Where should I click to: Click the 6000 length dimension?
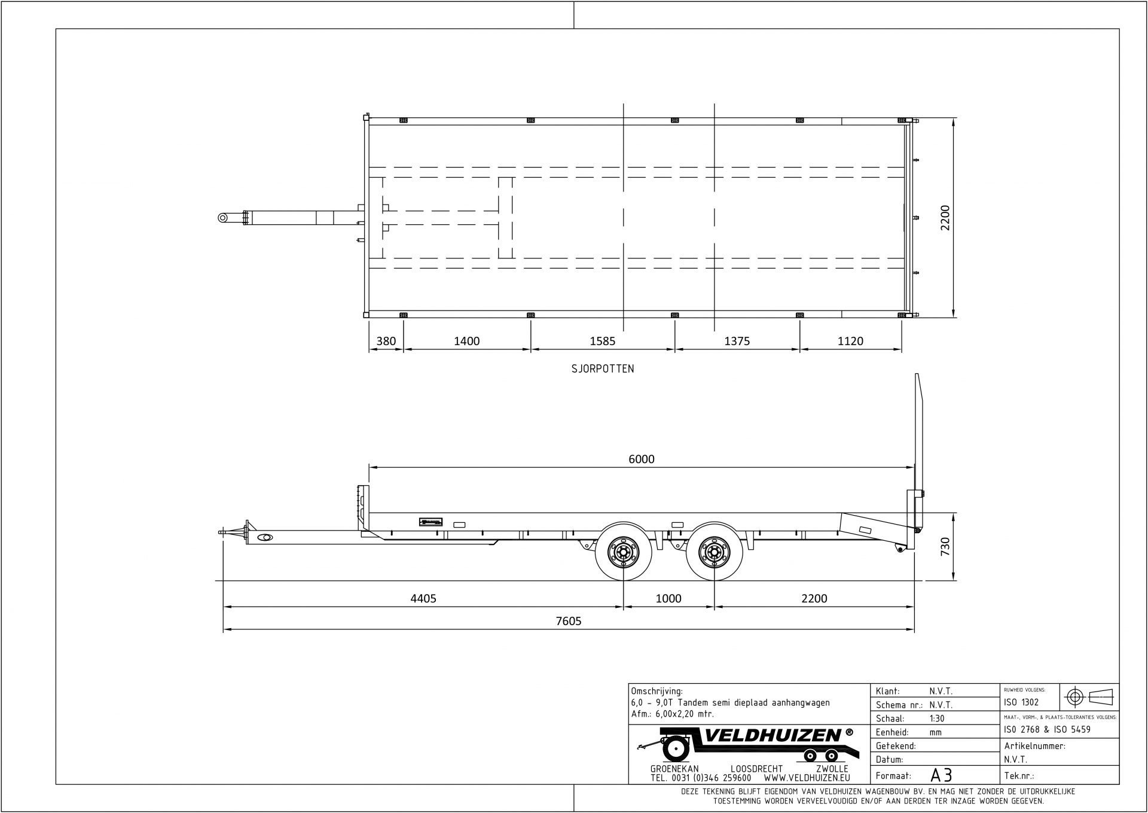click(641, 459)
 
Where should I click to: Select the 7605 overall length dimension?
click(568, 620)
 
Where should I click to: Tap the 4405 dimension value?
click(423, 598)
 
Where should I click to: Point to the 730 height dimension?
click(945, 546)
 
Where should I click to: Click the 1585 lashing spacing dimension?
click(602, 341)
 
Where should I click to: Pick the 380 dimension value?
click(386, 341)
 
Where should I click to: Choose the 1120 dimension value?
click(850, 341)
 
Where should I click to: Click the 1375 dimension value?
click(737, 341)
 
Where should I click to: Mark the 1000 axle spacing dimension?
click(668, 598)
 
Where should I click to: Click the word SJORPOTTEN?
click(602, 369)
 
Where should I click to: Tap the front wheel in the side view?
click(624, 552)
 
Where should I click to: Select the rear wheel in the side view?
click(714, 552)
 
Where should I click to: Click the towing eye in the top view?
click(224, 217)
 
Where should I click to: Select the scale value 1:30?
click(938, 718)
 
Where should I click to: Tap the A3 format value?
click(941, 775)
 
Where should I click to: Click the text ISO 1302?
click(1021, 702)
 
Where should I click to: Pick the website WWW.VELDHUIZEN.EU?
click(807, 778)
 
